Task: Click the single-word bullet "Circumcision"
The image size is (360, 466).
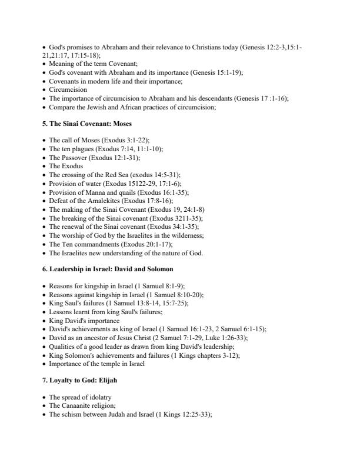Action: [68, 90]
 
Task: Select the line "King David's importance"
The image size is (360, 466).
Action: [84, 321]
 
